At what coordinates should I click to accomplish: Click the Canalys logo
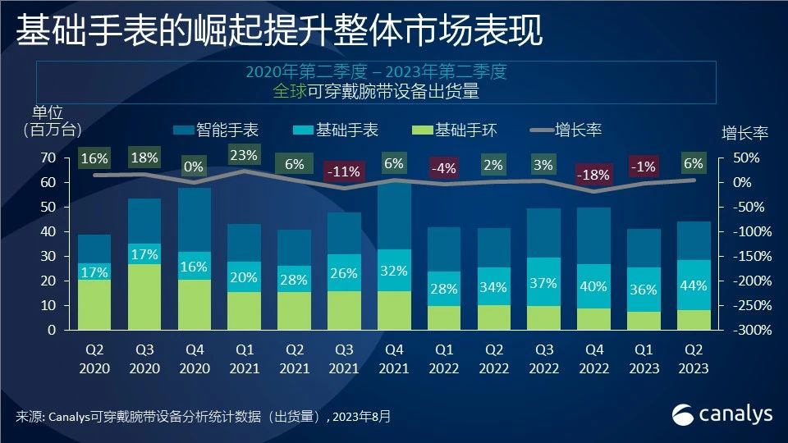click(x=722, y=414)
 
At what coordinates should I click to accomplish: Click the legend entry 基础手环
click(x=463, y=130)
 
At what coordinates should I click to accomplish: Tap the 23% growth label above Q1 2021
click(x=244, y=154)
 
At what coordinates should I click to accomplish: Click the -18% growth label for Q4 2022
click(x=593, y=174)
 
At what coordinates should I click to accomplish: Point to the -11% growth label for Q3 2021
click(x=344, y=172)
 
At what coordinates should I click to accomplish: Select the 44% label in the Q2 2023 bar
click(x=694, y=285)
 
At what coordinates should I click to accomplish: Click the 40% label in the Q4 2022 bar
click(x=593, y=287)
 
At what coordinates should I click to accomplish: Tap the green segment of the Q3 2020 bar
click(x=144, y=297)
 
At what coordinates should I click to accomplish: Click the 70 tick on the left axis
click(x=48, y=158)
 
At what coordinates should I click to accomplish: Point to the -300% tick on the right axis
click(x=741, y=330)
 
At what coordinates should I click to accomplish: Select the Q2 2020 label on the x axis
click(x=94, y=359)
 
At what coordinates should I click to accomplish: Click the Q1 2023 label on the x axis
click(x=644, y=359)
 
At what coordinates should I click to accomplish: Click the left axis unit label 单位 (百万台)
click(x=48, y=121)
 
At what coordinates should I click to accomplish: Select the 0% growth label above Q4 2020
click(x=195, y=167)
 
